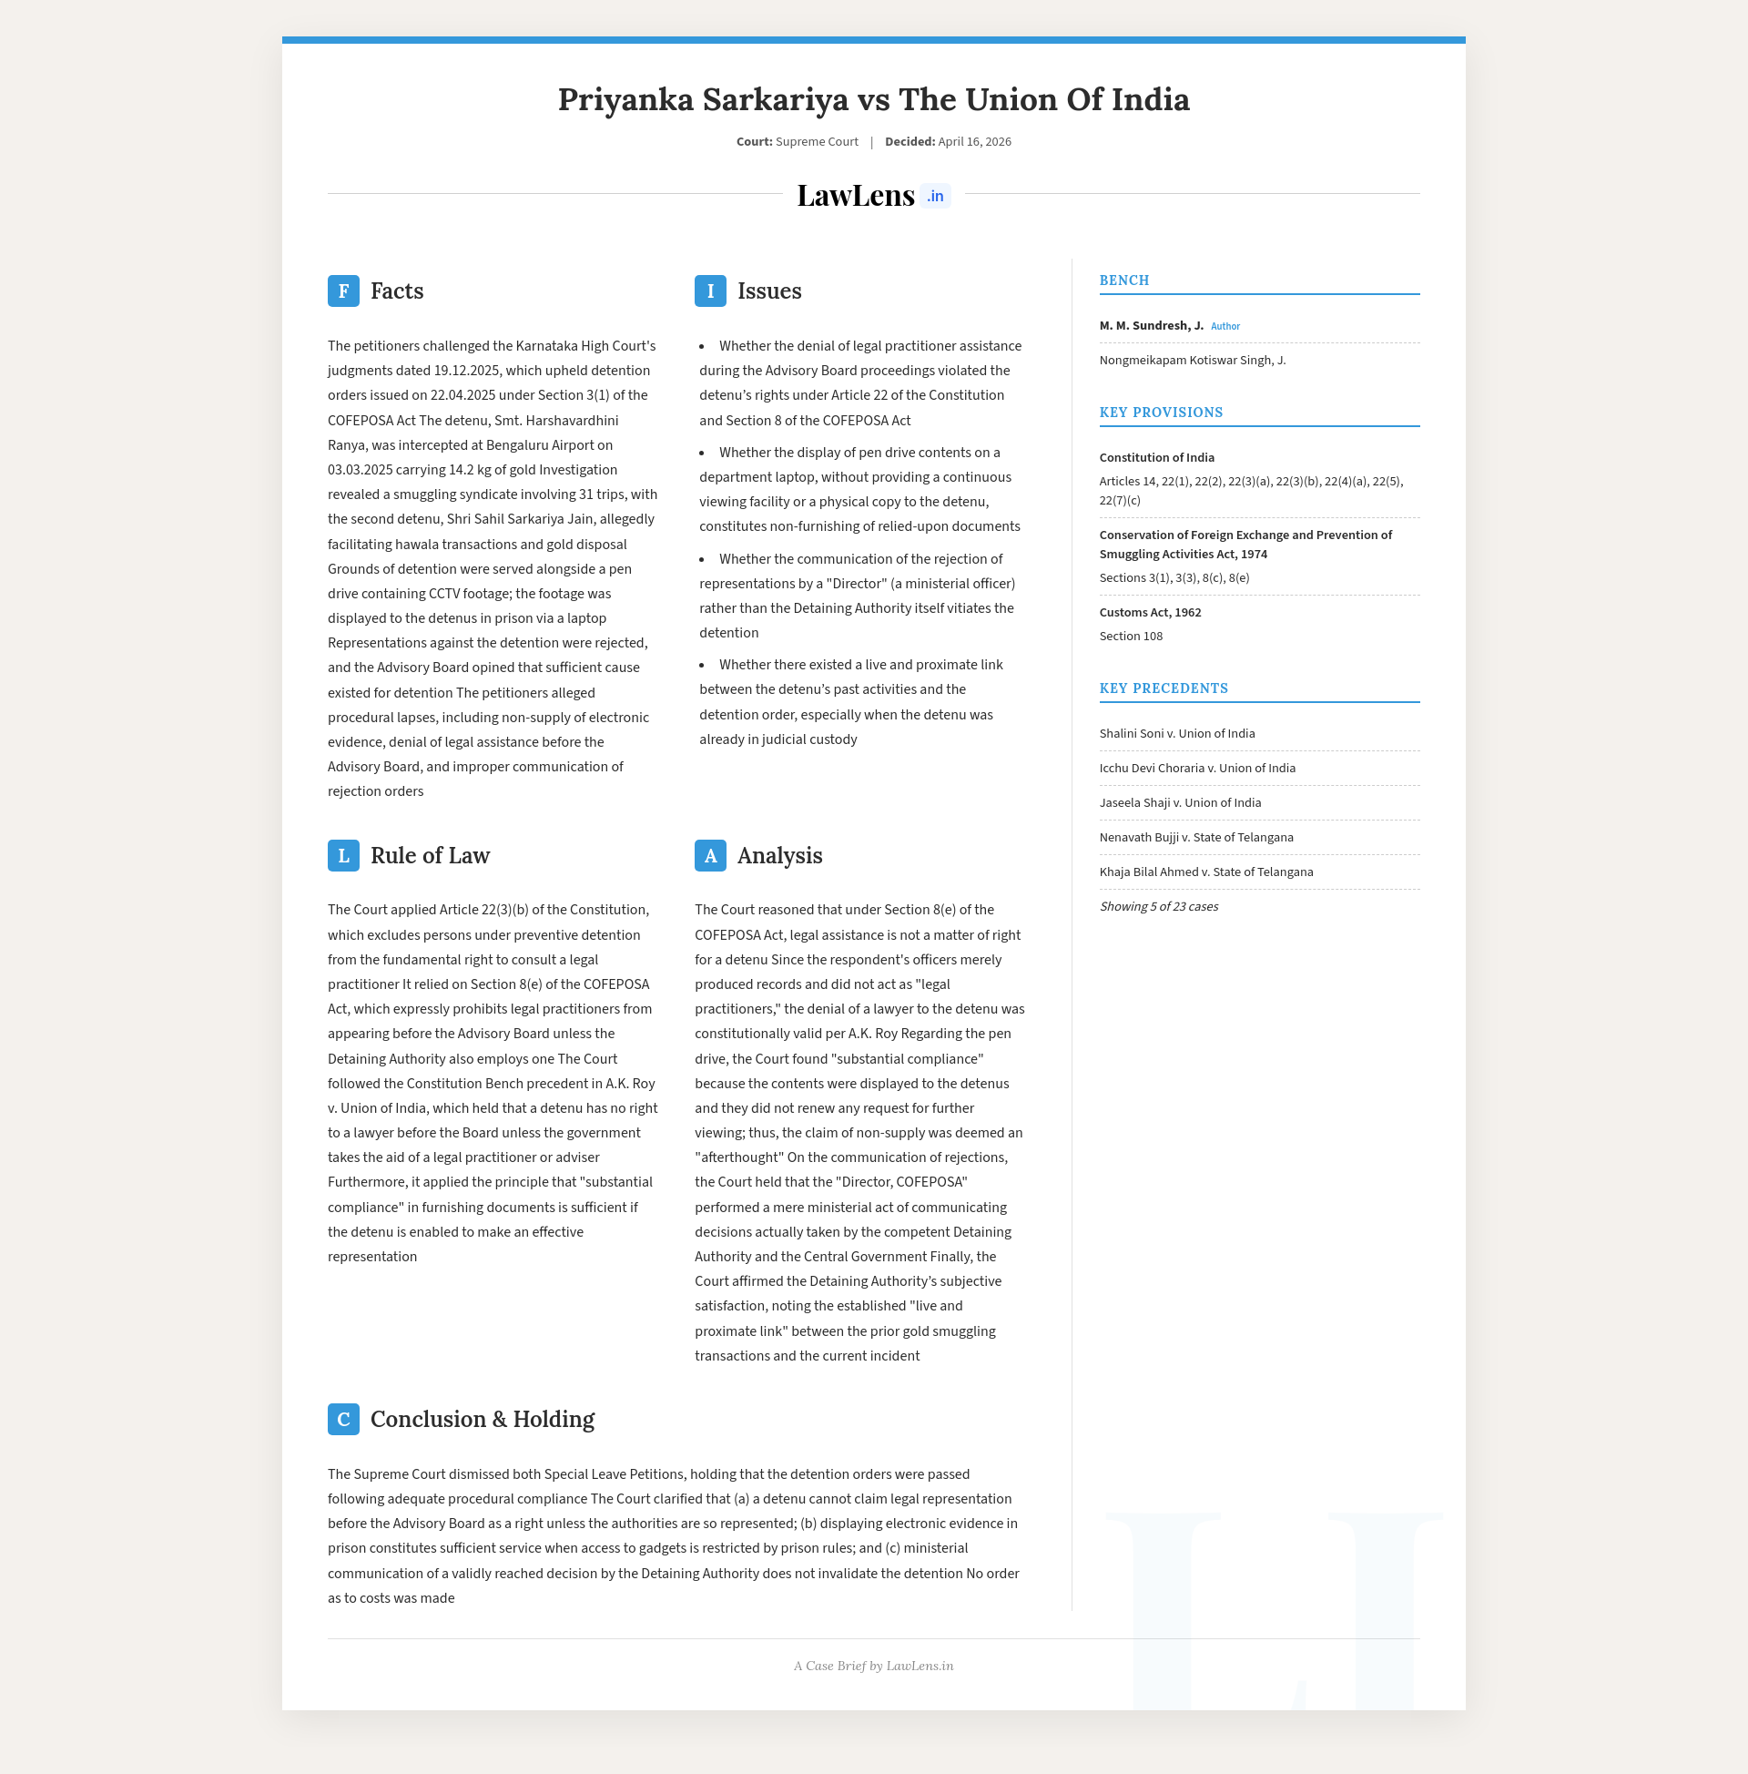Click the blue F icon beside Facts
coord(343,291)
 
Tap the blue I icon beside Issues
coord(709,291)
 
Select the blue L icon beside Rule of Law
coord(343,856)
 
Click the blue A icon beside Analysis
coord(709,856)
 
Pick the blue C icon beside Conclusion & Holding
coord(343,1420)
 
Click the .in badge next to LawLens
coord(935,197)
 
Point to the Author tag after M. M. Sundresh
coord(1225,327)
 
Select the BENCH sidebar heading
coord(1123,281)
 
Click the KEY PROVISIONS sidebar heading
coord(1161,413)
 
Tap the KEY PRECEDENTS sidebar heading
coord(1164,688)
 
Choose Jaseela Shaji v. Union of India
coord(1180,803)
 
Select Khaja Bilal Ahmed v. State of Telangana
coord(1205,872)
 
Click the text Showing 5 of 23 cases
coord(1159,907)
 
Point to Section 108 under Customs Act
coord(1131,637)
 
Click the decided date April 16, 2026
coord(974,142)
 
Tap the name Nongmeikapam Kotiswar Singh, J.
coord(1192,361)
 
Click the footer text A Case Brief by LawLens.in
coord(873,1667)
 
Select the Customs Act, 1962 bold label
coord(1150,613)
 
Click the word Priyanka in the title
coord(625,99)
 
